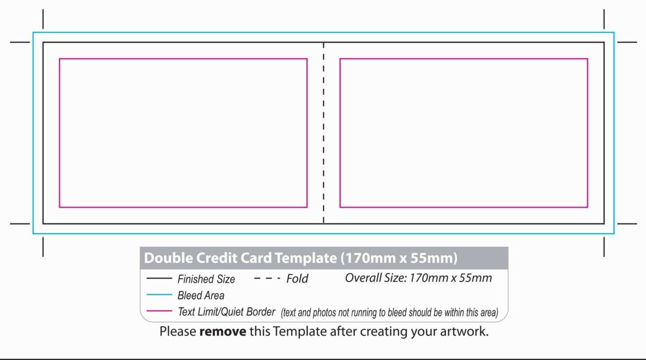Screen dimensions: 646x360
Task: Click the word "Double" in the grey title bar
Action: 168,258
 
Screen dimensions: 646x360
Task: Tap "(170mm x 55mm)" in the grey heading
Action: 399,258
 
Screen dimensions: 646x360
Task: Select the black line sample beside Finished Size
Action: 159,278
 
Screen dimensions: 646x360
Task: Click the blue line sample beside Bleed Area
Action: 159,294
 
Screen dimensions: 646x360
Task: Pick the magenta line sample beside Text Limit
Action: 159,310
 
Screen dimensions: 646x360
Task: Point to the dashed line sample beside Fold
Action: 267,278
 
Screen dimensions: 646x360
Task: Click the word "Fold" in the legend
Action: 297,279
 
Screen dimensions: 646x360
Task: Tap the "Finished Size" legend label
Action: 206,279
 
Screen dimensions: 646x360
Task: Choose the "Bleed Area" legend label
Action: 201,295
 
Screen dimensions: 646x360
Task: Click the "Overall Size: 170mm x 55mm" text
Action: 418,278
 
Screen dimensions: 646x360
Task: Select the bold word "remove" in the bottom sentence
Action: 223,331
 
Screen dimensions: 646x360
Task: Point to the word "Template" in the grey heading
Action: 306,258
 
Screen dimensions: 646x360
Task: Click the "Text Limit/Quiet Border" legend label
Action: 227,312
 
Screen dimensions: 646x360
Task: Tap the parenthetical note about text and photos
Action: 390,313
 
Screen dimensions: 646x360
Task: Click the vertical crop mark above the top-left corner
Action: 43,19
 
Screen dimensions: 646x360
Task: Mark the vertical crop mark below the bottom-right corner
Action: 604,247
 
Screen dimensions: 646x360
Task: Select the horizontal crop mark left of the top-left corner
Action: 20,42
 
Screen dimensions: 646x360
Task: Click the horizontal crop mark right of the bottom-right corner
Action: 627,223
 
